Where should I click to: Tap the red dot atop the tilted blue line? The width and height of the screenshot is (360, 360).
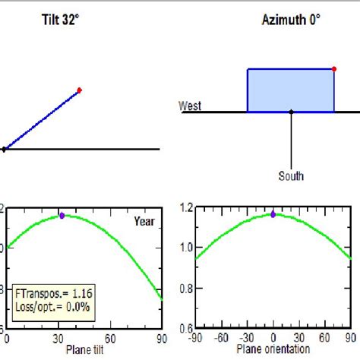pyautogui.click(x=79, y=90)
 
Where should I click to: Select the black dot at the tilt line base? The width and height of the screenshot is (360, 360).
pyautogui.click(x=4, y=149)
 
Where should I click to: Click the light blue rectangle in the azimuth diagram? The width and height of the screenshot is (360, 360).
pyautogui.click(x=291, y=90)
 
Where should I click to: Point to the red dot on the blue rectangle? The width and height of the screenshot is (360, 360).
pyautogui.click(x=334, y=70)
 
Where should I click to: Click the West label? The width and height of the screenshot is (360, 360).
pyautogui.click(x=190, y=106)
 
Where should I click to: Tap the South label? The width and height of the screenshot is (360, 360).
pyautogui.click(x=291, y=176)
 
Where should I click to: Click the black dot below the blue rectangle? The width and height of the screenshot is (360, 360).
pyautogui.click(x=291, y=112)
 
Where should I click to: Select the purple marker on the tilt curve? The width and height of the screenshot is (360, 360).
pyautogui.click(x=62, y=216)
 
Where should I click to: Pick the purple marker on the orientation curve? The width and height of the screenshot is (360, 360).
pyautogui.click(x=273, y=214)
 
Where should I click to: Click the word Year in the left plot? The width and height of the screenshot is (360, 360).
pyautogui.click(x=144, y=222)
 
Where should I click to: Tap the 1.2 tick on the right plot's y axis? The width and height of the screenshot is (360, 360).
pyautogui.click(x=184, y=206)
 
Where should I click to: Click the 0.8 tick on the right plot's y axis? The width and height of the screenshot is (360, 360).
pyautogui.click(x=184, y=288)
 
